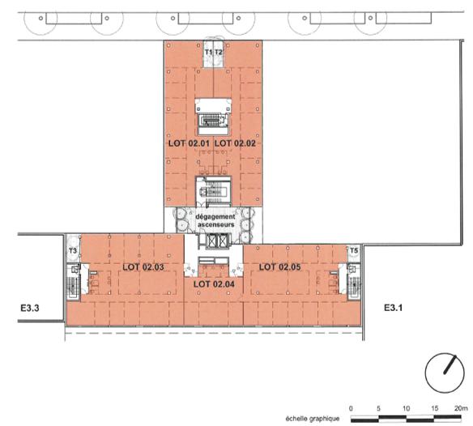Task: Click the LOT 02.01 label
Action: point(188,143)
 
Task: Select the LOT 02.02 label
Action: point(235,143)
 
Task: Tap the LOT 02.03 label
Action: point(143,266)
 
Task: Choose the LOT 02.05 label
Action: point(279,266)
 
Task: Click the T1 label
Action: point(208,53)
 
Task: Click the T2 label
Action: point(218,53)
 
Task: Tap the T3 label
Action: point(72,251)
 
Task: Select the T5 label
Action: point(353,251)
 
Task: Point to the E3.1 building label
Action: point(394,307)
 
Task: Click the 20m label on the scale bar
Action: point(460,407)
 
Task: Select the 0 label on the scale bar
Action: point(351,407)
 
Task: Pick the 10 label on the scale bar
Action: point(404,407)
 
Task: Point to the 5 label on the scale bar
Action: point(378,407)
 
